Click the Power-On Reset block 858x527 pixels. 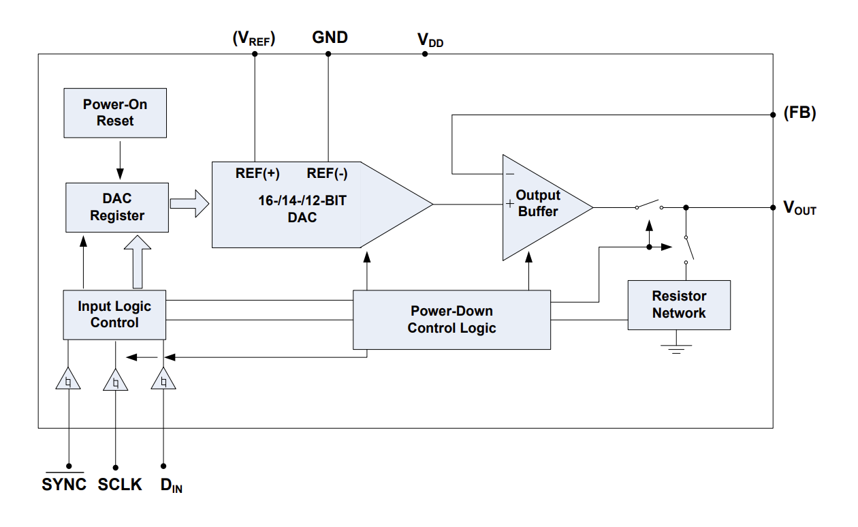(114, 112)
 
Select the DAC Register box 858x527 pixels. (117, 207)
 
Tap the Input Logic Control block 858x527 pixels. (114, 314)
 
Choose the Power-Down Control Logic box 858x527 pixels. (451, 320)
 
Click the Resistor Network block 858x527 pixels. (679, 305)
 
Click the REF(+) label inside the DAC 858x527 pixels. (257, 173)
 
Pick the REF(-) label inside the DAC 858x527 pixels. (328, 173)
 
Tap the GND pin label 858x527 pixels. (330, 37)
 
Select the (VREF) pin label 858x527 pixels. (254, 39)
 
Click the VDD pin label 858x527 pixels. (430, 40)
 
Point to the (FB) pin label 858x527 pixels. (799, 114)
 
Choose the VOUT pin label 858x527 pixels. (799, 209)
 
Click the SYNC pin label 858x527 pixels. (64, 485)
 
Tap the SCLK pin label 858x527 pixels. (120, 485)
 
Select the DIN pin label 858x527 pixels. (171, 485)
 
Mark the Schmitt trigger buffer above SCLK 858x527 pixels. (116, 381)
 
